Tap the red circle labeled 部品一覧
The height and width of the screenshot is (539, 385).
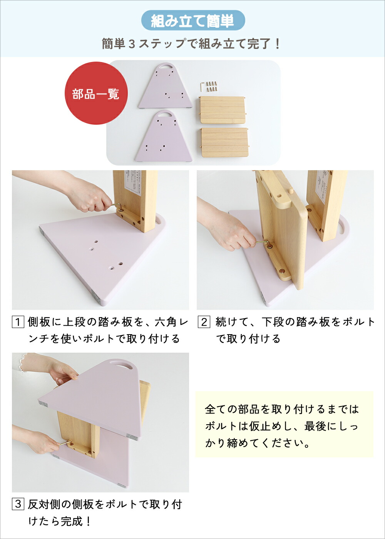pyautogui.click(x=96, y=93)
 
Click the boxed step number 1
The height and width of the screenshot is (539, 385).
pyautogui.click(x=18, y=322)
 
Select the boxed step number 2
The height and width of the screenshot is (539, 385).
pyautogui.click(x=204, y=322)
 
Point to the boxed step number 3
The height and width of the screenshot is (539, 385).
pyautogui.click(x=18, y=504)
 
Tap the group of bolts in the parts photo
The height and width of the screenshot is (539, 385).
pyautogui.click(x=211, y=86)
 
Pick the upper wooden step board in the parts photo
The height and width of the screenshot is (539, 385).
pyautogui.click(x=222, y=110)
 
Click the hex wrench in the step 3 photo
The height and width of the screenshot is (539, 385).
pyautogui.click(x=65, y=443)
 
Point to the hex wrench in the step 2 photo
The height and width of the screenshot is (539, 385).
pyautogui.click(x=264, y=243)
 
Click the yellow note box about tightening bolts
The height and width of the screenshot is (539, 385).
pyautogui.click(x=285, y=425)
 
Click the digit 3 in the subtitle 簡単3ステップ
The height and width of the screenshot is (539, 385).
pyautogui.click(x=132, y=44)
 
